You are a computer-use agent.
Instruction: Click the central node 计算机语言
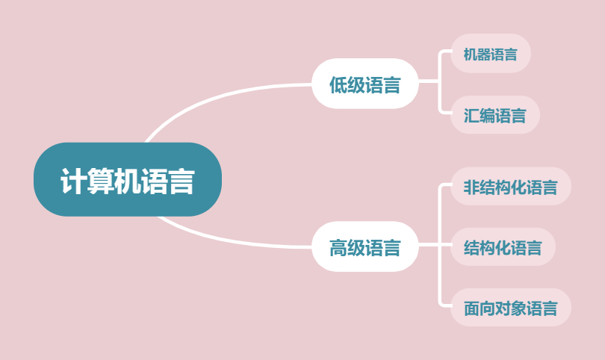[127, 180]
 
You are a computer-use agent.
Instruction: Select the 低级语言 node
[364, 84]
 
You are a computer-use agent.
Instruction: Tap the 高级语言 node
[364, 247]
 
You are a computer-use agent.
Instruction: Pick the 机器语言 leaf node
[490, 54]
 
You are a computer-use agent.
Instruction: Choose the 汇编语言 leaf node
[494, 115]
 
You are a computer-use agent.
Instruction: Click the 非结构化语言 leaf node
[510, 187]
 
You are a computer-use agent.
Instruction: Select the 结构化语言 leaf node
[503, 247]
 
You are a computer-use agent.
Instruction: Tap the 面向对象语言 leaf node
[510, 308]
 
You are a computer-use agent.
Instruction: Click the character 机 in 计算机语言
[127, 181]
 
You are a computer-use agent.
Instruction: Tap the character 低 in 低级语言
[338, 85]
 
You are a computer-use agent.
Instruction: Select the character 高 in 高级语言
[338, 248]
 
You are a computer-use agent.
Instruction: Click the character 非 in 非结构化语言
[471, 187]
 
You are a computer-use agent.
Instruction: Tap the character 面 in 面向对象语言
[471, 308]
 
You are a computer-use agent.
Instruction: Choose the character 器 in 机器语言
[482, 55]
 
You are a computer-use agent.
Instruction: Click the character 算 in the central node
[100, 181]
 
